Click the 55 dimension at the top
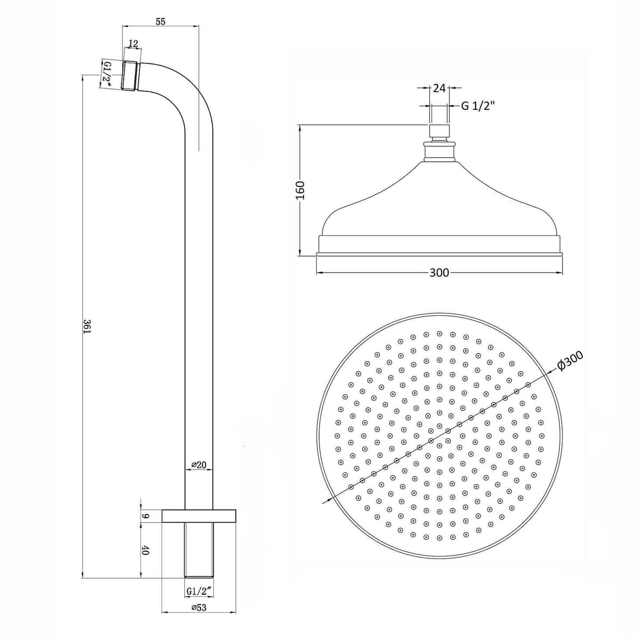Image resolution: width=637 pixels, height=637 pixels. pos(160,22)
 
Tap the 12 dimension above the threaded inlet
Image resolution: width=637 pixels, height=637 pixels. pos(133,43)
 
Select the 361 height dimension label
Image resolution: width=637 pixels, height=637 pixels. pos(87,326)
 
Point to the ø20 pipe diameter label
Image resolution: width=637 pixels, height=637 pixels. pos(199,465)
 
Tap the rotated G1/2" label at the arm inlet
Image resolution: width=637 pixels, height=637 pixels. pos(107,74)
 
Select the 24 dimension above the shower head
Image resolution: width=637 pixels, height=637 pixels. pos(439,88)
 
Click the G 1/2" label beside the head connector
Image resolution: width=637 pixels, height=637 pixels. pos(478,106)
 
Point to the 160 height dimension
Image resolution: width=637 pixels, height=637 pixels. pos(300,190)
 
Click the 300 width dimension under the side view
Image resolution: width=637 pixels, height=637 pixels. pos(439,273)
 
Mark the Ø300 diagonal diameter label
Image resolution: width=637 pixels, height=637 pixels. pos(570,361)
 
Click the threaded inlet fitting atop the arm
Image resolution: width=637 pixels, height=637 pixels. pos(130,76)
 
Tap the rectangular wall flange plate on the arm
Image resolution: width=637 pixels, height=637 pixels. pos(199,516)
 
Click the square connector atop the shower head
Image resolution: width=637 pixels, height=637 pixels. pos(439,131)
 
